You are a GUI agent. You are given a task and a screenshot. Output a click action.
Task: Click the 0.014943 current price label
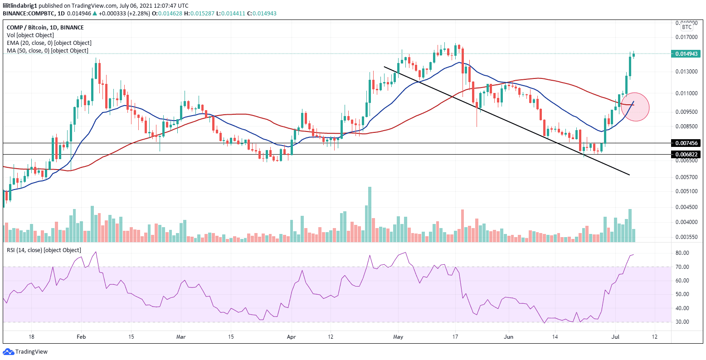click(x=687, y=54)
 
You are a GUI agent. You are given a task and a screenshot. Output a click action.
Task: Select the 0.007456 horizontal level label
click(x=687, y=143)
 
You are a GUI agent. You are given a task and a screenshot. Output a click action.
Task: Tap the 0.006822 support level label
click(x=687, y=155)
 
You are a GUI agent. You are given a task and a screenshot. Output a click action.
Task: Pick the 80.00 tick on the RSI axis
click(x=682, y=253)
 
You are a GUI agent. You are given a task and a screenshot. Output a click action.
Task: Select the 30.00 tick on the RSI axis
click(x=682, y=322)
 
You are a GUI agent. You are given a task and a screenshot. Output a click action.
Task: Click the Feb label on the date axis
click(x=81, y=337)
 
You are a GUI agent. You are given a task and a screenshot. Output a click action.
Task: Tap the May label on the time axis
click(x=398, y=337)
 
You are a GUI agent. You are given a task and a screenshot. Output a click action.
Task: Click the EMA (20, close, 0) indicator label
click(x=47, y=43)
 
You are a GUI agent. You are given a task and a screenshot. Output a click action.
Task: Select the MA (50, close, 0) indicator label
click(x=47, y=50)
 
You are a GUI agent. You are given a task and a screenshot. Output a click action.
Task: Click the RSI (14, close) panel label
click(x=44, y=250)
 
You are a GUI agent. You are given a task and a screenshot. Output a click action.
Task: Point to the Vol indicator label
click(x=30, y=35)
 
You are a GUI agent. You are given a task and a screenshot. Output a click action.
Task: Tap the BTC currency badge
click(x=687, y=27)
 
